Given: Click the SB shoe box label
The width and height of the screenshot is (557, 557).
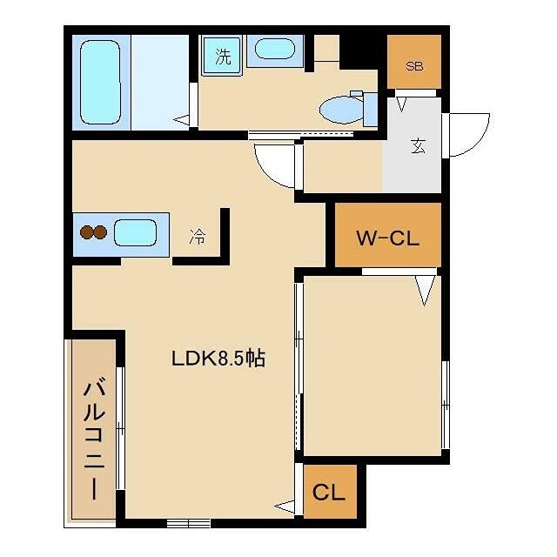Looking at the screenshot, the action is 414,66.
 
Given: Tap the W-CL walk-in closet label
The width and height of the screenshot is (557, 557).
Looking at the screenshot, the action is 388,238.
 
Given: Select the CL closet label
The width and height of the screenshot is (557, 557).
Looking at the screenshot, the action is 329,493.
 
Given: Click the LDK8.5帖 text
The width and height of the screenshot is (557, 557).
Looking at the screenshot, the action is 218,359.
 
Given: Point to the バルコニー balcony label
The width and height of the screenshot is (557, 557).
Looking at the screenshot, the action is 94,440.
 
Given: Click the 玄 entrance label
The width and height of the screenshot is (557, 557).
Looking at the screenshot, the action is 418,145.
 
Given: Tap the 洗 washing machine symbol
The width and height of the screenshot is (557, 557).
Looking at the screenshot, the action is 223,56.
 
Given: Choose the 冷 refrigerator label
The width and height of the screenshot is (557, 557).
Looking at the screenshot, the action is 198,237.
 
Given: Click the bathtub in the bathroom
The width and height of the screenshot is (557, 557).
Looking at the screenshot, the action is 100,82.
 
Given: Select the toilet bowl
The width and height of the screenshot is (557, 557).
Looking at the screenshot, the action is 342,110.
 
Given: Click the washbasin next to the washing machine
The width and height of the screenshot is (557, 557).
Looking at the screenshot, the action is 275,49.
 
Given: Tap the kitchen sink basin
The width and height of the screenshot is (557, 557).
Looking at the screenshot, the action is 136,232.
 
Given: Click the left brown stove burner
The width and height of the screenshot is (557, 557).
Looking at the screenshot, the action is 87,232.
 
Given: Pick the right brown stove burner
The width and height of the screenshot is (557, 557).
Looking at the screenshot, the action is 100,232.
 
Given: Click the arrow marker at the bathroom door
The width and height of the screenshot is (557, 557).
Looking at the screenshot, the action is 182,120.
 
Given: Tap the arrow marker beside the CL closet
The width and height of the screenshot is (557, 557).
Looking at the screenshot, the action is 285,507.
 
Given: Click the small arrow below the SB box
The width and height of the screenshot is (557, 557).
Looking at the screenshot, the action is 401,104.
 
